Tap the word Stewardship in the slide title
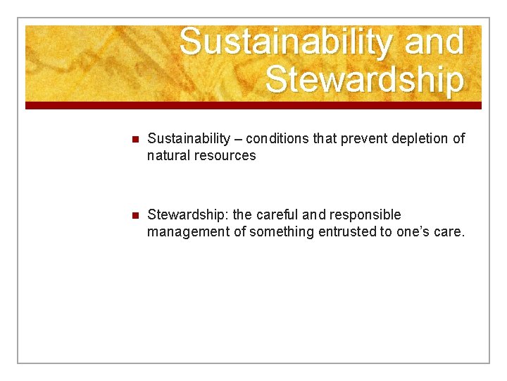tap(365, 80)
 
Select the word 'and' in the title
tap(434, 42)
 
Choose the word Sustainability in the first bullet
tap(189, 138)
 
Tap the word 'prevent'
tap(363, 138)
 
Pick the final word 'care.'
tap(449, 231)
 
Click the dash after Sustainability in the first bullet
tap(238, 139)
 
